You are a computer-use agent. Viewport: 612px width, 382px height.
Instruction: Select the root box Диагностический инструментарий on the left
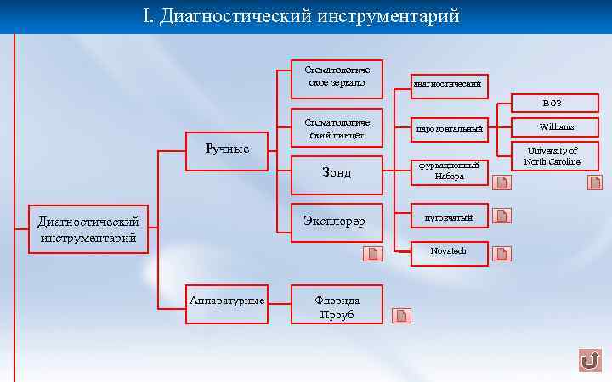point(88,229)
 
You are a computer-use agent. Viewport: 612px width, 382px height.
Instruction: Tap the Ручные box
point(228,149)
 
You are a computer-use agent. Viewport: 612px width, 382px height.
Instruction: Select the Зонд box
point(337,173)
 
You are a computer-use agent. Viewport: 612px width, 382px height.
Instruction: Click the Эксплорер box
point(337,222)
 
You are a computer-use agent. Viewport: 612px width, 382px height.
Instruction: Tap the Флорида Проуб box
point(337,306)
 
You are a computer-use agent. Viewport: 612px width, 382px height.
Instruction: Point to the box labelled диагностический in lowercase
point(449,85)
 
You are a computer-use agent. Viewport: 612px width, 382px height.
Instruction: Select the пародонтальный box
point(449,129)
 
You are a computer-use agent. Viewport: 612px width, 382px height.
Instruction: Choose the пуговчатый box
point(449,216)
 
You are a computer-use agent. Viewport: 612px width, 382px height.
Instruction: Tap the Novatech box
point(449,253)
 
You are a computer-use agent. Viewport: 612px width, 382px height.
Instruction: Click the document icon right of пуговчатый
point(503,216)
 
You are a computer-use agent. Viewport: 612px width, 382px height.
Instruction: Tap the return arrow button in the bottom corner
point(589,361)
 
